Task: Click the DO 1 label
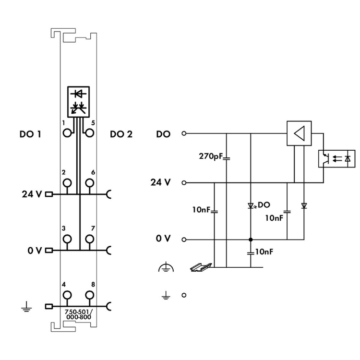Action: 30,134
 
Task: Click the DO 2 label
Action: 120,134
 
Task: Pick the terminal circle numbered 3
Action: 67,239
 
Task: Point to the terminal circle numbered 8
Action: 89,294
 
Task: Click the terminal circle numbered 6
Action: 89,182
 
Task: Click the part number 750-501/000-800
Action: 78,315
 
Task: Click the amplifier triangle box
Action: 298,133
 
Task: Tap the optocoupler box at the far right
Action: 337,158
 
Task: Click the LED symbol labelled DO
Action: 251,206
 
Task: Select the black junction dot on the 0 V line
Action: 251,239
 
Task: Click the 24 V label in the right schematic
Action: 161,182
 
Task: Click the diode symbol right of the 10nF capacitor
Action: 303,206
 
